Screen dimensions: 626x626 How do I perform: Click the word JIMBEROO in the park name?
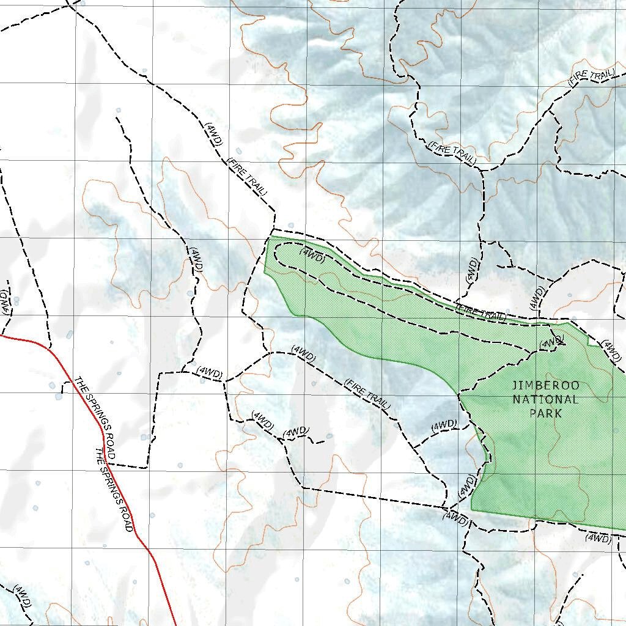pyautogui.click(x=545, y=386)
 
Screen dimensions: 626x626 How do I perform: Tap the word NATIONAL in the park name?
pyautogui.click(x=545, y=400)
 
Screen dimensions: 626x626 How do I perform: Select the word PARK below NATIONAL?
pyautogui.click(x=545, y=413)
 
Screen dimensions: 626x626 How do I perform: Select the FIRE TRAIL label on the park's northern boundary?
pyautogui.click(x=482, y=312)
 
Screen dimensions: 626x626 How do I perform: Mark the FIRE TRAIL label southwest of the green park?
pyautogui.click(x=367, y=394)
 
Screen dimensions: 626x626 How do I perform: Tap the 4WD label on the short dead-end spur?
pyautogui.click(x=296, y=432)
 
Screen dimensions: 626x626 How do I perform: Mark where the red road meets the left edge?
pyautogui.click(x=1, y=335)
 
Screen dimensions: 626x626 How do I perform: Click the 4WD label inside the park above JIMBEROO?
pyautogui.click(x=552, y=342)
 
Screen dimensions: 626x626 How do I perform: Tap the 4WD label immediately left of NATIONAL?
pyautogui.click(x=444, y=424)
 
